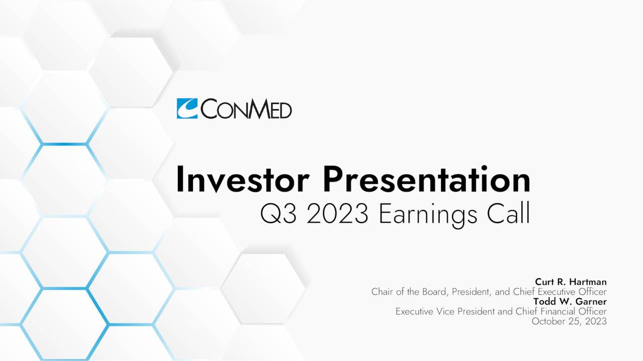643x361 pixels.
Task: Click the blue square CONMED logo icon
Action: (x=187, y=108)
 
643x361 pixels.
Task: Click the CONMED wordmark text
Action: (x=246, y=109)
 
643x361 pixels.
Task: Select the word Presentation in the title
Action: (x=426, y=180)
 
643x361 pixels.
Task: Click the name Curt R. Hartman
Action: (x=571, y=282)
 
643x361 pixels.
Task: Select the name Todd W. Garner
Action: (x=570, y=301)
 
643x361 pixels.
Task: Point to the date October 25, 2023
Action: (x=569, y=321)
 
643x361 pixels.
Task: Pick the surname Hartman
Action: (x=588, y=282)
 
